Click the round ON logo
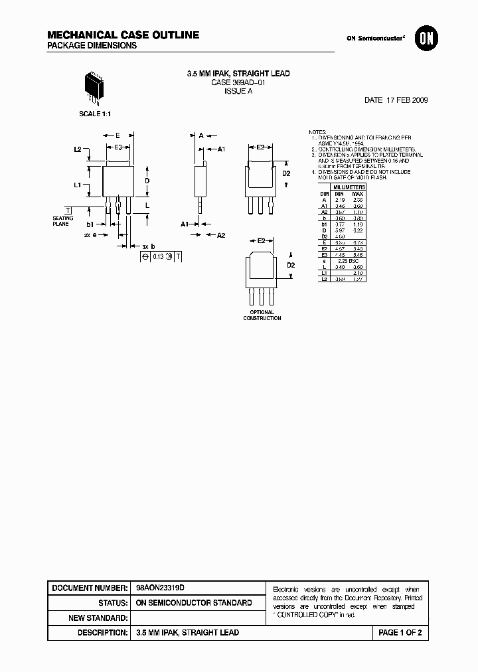point(424,39)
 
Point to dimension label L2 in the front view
point(78,149)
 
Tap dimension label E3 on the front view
point(118,147)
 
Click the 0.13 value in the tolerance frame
point(158,256)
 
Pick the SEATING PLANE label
point(64,221)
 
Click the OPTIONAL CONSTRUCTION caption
point(262,315)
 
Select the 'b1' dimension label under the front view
point(91,224)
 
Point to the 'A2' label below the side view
point(222,235)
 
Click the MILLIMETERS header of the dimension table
point(349,187)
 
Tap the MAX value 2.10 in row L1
point(357,272)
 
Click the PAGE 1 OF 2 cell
point(400,633)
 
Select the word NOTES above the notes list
point(318,133)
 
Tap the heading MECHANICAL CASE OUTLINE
point(123,35)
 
